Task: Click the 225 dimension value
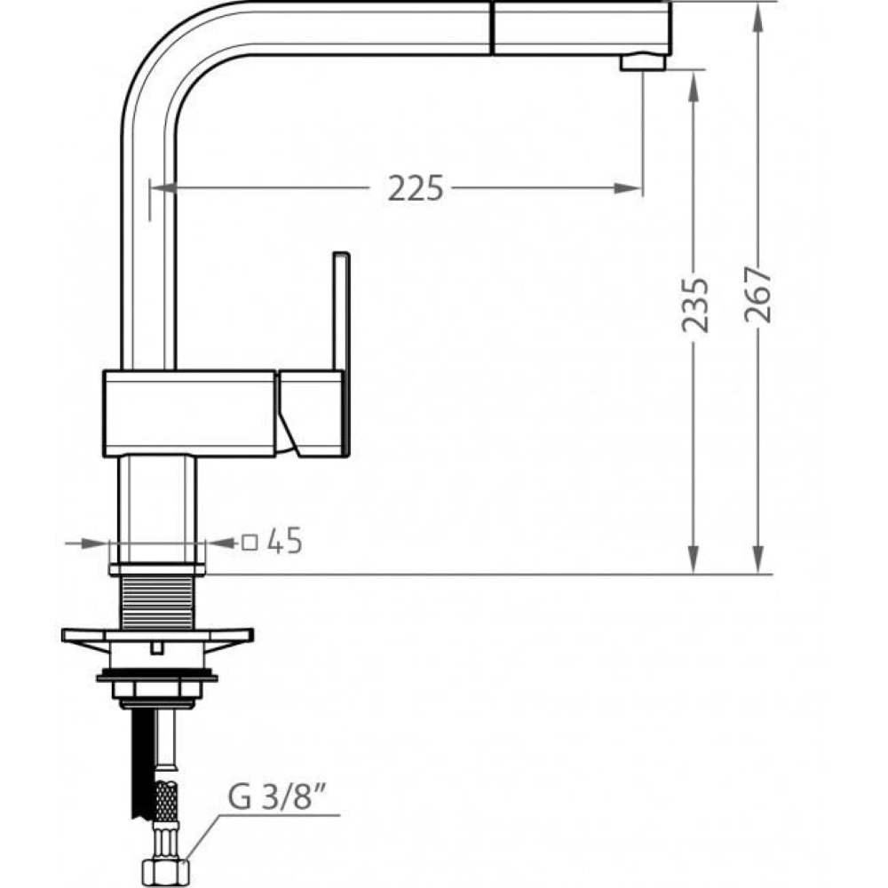[416, 188]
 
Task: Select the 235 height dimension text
[695, 304]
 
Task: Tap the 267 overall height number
[758, 295]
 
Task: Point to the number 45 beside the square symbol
[285, 542]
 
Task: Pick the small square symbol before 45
[250, 543]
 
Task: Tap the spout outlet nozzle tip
[643, 62]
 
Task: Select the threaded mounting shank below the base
[157, 603]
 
